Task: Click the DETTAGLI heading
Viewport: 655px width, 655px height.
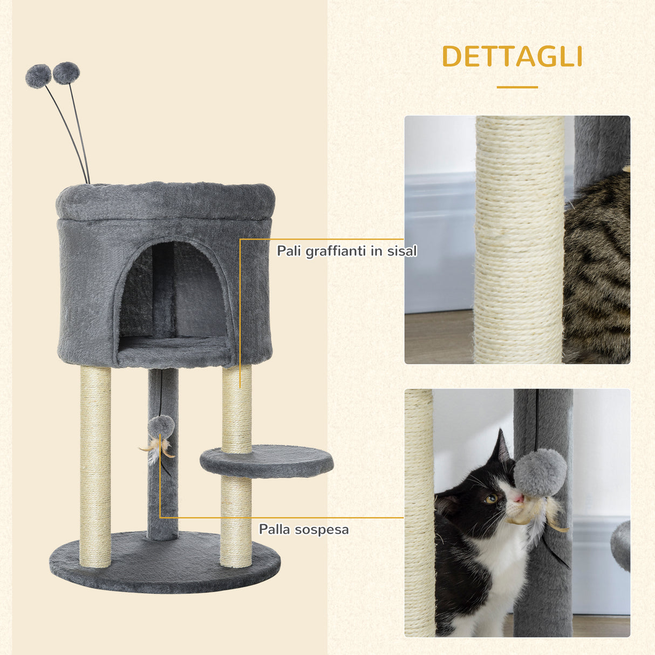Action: coord(511,57)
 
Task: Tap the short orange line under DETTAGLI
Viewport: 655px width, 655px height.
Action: coord(517,87)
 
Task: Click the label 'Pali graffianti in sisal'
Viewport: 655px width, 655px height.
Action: coord(347,251)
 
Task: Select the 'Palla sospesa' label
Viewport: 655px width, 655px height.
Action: coord(304,529)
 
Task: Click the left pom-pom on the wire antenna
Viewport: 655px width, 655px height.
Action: coord(38,76)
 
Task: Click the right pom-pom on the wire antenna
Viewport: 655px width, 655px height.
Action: coord(66,73)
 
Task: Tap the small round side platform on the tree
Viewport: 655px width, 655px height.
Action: coord(267,461)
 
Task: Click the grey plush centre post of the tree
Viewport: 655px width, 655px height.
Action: coord(163,486)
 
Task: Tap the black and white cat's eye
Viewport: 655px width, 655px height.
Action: coord(490,499)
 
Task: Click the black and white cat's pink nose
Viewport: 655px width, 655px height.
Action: coord(518,499)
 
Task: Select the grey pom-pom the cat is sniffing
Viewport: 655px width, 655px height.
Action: coord(540,472)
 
